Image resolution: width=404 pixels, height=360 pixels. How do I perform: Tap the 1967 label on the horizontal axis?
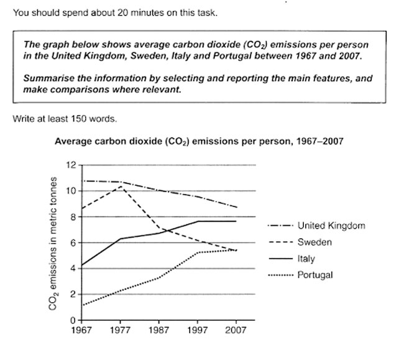[x=81, y=330]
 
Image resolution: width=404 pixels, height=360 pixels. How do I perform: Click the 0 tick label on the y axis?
[x=73, y=320]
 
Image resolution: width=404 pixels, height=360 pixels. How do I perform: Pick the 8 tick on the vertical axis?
[x=73, y=217]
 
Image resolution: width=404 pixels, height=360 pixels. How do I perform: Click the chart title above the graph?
[x=199, y=141]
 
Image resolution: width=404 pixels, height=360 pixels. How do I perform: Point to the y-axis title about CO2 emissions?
[x=55, y=243]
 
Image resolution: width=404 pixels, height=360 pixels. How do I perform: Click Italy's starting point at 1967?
[x=82, y=266]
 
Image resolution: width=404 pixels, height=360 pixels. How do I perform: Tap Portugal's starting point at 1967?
[x=82, y=305]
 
